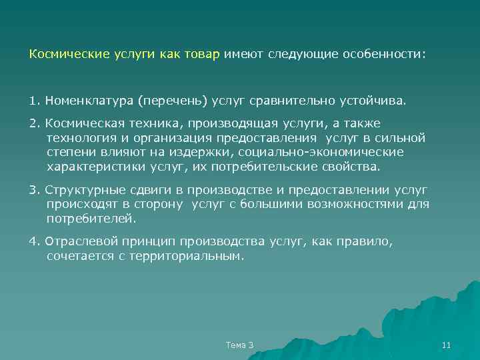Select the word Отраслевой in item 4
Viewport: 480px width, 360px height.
coord(75,241)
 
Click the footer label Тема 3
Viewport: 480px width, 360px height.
coord(240,345)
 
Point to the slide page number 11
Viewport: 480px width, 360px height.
coord(447,345)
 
